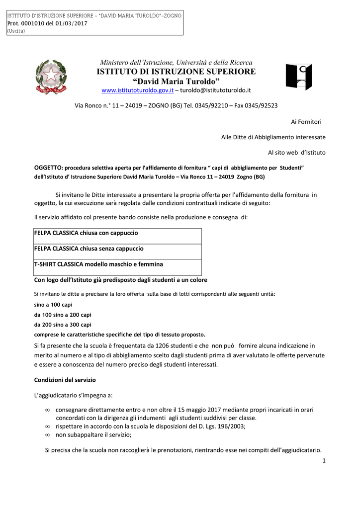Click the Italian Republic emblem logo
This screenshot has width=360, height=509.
[x=50, y=77]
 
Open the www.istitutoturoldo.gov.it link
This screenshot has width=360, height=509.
[x=137, y=90]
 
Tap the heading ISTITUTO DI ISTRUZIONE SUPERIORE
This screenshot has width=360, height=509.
[x=176, y=72]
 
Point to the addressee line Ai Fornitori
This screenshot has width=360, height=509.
[x=306, y=122]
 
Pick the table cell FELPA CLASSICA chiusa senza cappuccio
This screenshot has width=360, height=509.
[x=89, y=249]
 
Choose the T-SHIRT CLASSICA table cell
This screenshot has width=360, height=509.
[x=98, y=264]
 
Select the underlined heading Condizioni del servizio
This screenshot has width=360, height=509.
[x=65, y=380]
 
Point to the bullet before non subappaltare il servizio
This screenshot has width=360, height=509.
[x=48, y=435]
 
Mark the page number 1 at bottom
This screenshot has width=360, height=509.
[x=323, y=461]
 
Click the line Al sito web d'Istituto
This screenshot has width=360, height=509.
[x=297, y=152]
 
